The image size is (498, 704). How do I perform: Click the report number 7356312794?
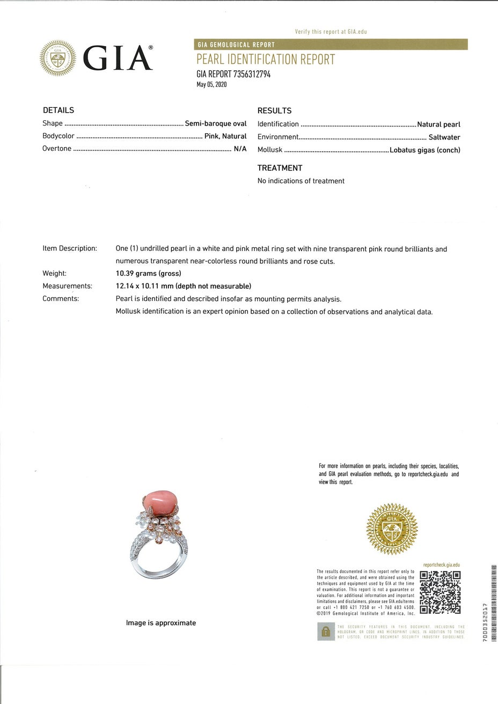coord(252,75)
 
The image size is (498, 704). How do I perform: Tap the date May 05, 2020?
coord(212,84)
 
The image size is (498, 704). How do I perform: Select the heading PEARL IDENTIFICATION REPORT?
coord(266,60)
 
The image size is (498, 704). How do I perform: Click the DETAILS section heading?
coord(58,110)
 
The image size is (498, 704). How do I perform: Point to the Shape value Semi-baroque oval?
coord(216,123)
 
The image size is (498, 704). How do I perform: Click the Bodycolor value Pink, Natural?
coord(225,136)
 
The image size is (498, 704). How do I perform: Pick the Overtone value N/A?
coord(240,149)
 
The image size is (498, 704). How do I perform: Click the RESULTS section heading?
coord(274,111)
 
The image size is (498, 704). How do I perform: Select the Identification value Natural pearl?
coord(438,124)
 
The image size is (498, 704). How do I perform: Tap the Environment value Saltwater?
coord(444,137)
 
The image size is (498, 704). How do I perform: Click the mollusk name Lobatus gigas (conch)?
coord(425,150)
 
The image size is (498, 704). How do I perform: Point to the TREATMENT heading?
coord(280,168)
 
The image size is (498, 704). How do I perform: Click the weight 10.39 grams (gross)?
coord(148,274)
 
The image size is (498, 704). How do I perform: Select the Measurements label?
coord(67,286)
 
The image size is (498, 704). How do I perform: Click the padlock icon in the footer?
coord(325,632)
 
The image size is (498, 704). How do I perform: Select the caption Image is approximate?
coord(161,623)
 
